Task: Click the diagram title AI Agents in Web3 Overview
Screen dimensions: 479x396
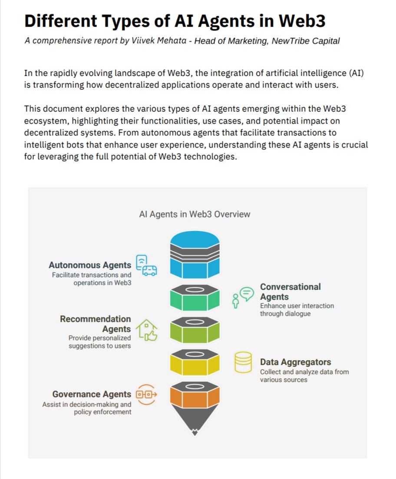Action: tap(195, 214)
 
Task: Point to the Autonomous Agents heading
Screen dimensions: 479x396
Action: tap(90, 265)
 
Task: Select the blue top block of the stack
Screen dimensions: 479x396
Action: tap(195, 256)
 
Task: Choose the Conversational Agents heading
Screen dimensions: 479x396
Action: tap(290, 292)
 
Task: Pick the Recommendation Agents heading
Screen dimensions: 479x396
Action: tap(95, 324)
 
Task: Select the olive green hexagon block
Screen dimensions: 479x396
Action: tap(195, 331)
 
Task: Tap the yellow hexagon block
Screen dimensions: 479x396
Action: tap(195, 363)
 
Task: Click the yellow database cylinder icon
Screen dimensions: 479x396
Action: tap(243, 363)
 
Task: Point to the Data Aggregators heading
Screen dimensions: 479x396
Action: tap(295, 362)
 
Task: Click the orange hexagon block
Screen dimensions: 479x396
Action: tap(195, 396)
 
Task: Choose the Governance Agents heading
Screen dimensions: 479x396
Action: tap(92, 394)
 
